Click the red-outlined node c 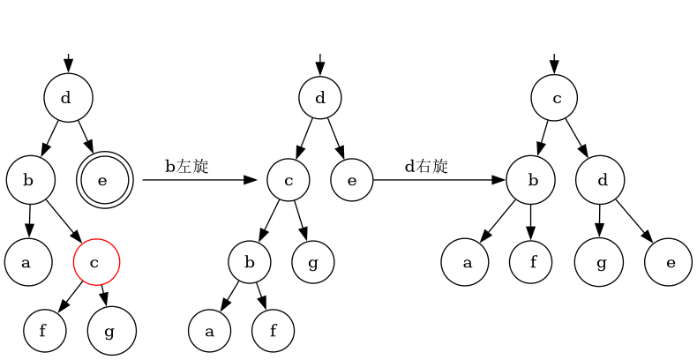click(x=96, y=262)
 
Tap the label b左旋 click(x=186, y=166)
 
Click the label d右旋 click(x=426, y=166)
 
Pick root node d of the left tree click(x=68, y=98)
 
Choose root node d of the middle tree click(x=320, y=98)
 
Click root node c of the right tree click(x=554, y=98)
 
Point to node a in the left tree click(x=27, y=262)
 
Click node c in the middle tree click(x=289, y=181)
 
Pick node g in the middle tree click(x=312, y=262)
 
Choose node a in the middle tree click(x=209, y=332)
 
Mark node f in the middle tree click(x=273, y=332)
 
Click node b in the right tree click(x=530, y=181)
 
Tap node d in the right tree click(x=600, y=181)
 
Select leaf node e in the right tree click(x=668, y=262)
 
